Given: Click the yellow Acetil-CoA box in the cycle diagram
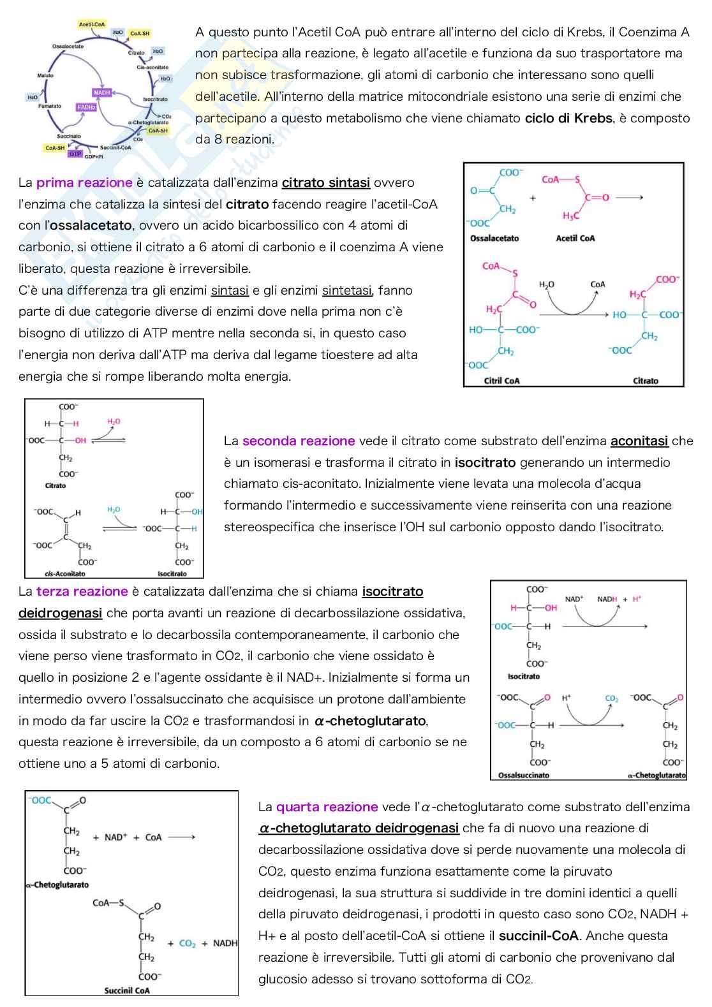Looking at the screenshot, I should tap(92, 24).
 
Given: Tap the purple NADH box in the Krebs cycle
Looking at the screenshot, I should tap(102, 92).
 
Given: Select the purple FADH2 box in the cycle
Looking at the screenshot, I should tap(86, 107).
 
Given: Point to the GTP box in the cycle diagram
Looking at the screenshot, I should tap(75, 154).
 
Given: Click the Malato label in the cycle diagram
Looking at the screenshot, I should tap(45, 75).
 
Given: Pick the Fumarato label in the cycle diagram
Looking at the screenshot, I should tap(50, 106).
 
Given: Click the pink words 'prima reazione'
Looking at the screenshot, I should tap(84, 183).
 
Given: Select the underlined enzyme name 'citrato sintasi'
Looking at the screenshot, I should tap(326, 183).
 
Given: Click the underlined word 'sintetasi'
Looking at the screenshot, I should tap(347, 291).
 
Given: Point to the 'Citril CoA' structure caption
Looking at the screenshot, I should tap(502, 381).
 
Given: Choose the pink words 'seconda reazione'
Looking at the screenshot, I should tap(299, 441).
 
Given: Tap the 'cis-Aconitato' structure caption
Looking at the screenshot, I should tap(65, 573).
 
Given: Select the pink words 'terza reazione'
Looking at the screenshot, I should tap(82, 592).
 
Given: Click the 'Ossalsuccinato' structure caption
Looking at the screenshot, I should tap(524, 775).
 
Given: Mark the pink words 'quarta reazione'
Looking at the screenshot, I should tap(327, 807).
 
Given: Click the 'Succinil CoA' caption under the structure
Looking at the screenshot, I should tap(127, 990).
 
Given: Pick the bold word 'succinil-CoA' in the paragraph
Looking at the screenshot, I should tap(538, 936).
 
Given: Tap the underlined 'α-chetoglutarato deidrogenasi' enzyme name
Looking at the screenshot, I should tap(359, 828).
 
